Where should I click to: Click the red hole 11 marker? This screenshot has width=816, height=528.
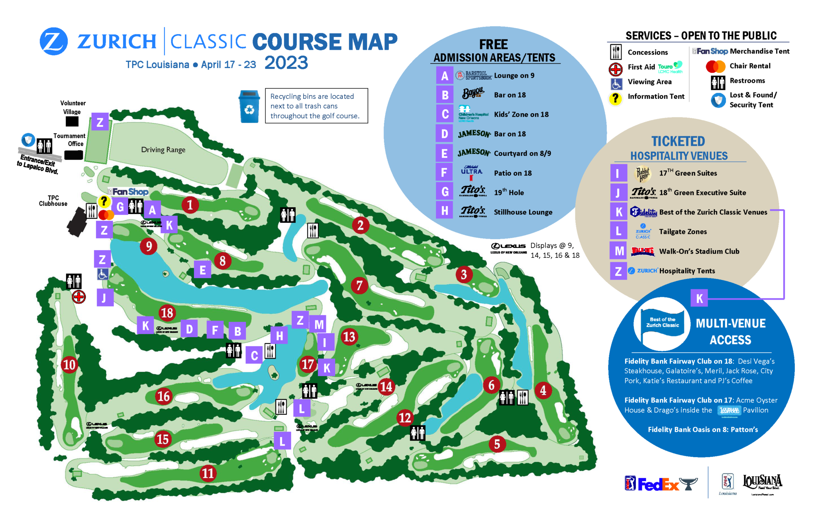208,473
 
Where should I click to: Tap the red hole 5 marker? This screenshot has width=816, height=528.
497,444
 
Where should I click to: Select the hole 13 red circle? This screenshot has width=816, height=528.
349,337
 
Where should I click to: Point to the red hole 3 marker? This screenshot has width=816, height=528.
464,275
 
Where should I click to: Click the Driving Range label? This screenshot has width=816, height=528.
163,150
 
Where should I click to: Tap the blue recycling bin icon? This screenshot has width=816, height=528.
249,106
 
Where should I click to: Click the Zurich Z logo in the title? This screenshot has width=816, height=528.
54,41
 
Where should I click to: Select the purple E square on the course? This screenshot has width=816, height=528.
202,270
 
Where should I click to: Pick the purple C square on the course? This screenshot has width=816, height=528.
254,355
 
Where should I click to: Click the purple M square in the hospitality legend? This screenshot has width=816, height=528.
619,251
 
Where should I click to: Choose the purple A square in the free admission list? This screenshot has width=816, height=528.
445,76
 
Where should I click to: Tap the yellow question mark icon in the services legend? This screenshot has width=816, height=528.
616,98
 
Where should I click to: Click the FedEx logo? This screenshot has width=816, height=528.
658,484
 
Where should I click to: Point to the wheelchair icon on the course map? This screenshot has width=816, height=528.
103,274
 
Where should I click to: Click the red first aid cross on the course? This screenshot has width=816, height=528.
79,297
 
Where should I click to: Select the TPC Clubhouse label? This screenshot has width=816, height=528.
53,201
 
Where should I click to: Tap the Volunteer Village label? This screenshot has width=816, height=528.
73,107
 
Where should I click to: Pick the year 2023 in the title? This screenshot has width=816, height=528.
286,63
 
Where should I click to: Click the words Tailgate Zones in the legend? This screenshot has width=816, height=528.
683,232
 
